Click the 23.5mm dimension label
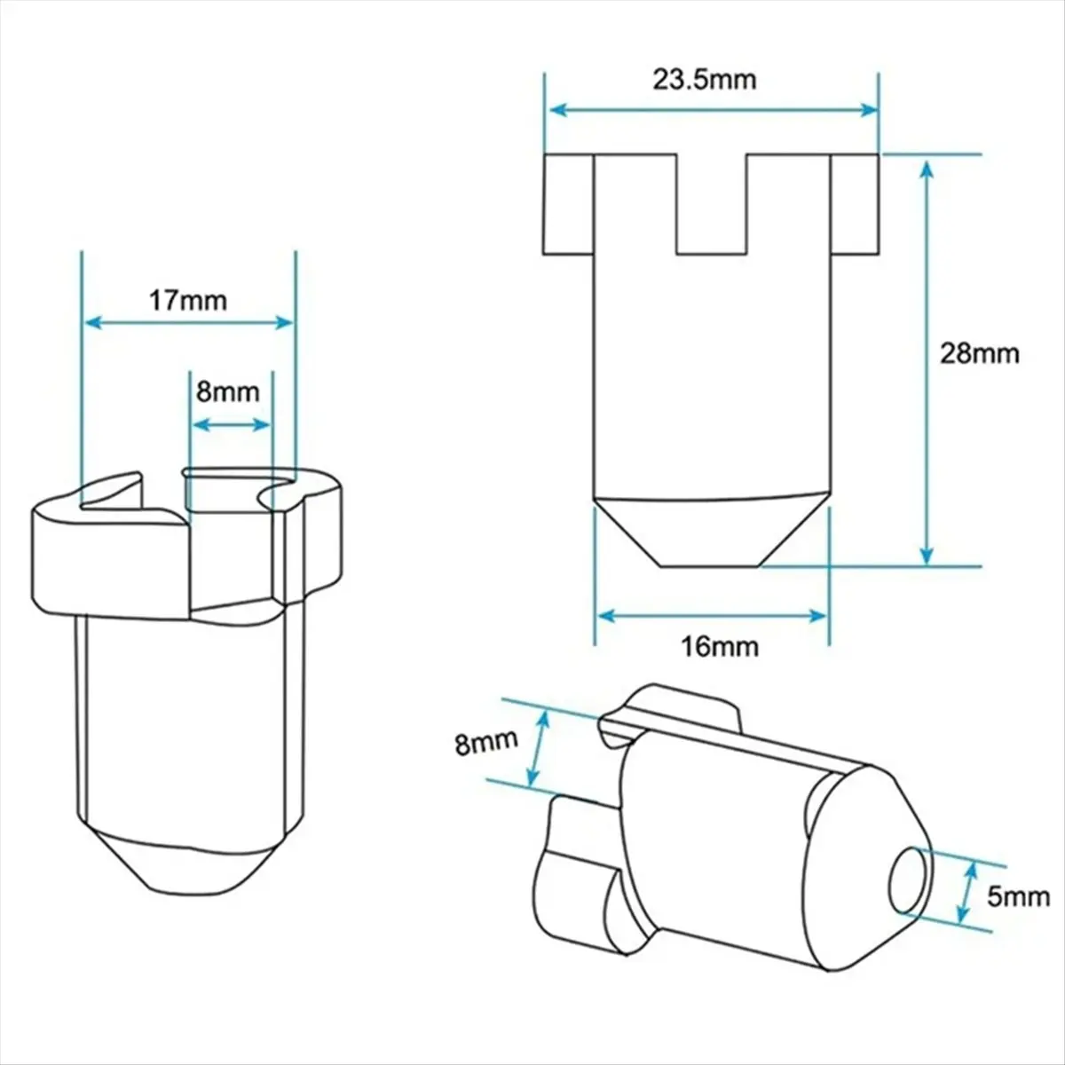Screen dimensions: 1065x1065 point(705,80)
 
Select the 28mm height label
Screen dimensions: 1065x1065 point(979,353)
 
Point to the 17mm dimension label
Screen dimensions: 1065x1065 point(187,300)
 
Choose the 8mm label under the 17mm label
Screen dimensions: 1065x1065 point(228,391)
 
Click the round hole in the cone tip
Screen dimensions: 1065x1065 point(910,880)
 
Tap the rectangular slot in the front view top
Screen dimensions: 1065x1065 point(711,203)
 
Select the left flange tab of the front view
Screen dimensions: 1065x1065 point(568,205)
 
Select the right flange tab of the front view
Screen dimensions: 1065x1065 point(856,205)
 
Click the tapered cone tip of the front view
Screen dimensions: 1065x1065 point(711,531)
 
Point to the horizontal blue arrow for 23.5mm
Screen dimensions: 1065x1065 point(713,110)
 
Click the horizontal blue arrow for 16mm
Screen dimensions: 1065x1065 point(713,615)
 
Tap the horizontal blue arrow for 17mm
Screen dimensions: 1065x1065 point(187,323)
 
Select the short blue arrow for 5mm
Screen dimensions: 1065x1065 point(967,892)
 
